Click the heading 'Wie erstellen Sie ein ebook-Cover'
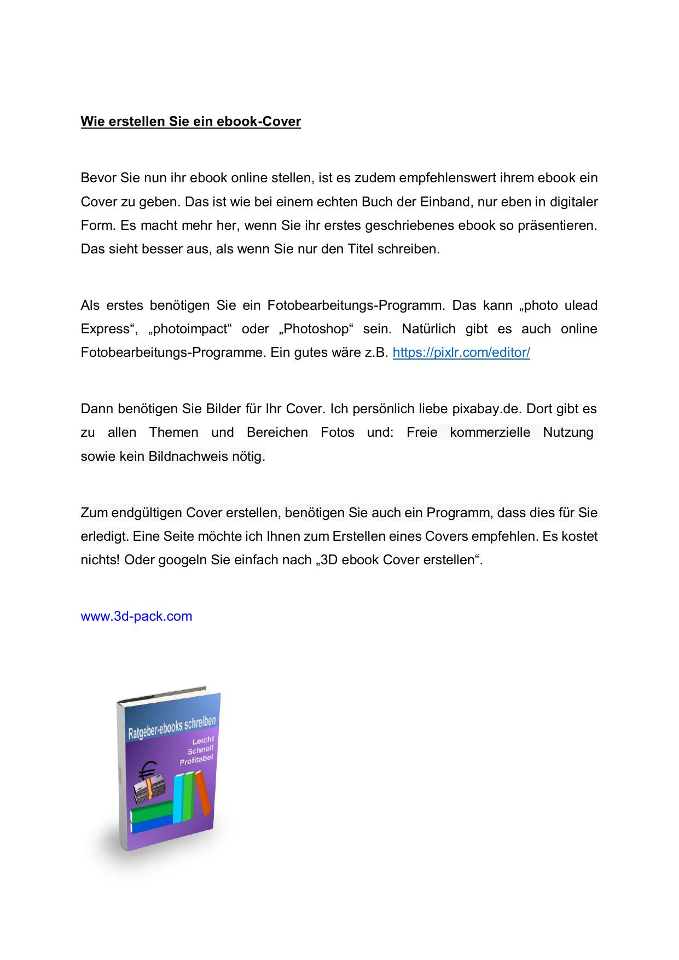[190, 121]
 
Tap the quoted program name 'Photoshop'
[316, 329]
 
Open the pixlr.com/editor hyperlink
[461, 352]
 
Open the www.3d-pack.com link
[136, 616]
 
